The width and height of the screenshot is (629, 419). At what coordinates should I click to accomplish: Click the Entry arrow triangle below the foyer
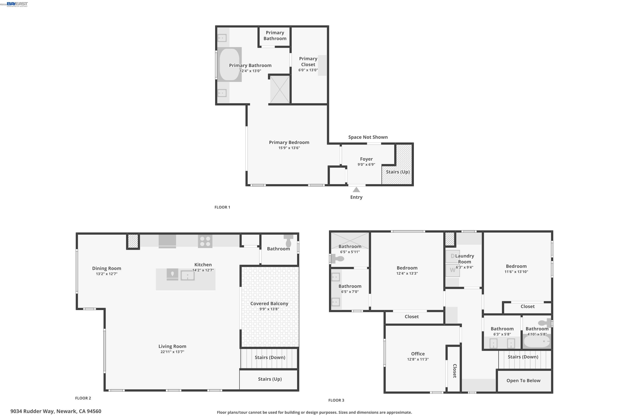point(356,190)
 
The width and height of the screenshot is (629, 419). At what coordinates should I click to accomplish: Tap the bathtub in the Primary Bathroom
point(229,65)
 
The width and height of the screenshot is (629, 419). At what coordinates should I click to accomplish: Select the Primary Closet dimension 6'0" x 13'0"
point(308,70)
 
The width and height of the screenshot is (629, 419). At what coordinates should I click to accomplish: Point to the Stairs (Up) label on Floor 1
point(398,172)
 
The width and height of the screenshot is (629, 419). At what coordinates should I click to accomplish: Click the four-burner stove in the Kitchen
point(205,241)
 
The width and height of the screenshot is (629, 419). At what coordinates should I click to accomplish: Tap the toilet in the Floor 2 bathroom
point(289,241)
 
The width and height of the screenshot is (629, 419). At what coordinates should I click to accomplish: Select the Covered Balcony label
point(269,304)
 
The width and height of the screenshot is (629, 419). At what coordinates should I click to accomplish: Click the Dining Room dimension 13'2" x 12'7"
point(107,274)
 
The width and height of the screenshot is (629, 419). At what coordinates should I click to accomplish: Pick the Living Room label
point(172,346)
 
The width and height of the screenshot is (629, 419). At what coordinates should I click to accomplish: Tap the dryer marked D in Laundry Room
point(452,256)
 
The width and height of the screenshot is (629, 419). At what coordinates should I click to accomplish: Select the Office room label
point(418,354)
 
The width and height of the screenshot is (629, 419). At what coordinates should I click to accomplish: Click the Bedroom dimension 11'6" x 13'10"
point(516,272)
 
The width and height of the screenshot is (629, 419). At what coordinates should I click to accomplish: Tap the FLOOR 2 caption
point(83,398)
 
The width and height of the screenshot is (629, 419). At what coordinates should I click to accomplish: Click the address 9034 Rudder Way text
point(56,411)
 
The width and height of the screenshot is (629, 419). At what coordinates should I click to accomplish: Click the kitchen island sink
point(187,275)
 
